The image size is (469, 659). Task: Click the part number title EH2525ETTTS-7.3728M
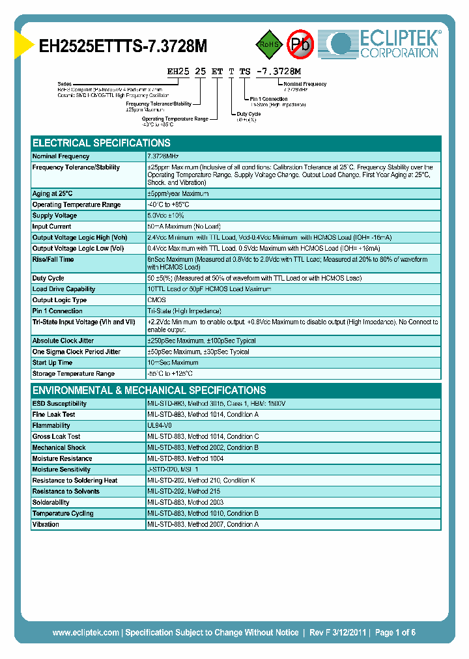(x=124, y=46)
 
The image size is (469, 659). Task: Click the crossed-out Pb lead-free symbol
(x=300, y=44)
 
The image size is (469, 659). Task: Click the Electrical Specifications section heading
(x=102, y=143)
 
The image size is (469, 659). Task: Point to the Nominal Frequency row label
(x=61, y=156)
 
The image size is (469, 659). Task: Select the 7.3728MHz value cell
(x=163, y=156)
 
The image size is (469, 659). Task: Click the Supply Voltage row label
(x=55, y=216)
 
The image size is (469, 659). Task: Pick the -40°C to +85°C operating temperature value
(x=168, y=204)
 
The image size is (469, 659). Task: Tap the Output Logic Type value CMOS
(x=157, y=300)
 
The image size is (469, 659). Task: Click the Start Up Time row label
(x=53, y=363)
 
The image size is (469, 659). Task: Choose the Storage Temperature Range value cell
(x=170, y=374)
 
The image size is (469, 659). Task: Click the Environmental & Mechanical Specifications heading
(x=149, y=390)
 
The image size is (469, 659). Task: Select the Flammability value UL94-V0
(x=160, y=425)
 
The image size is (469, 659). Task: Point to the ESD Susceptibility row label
(x=59, y=404)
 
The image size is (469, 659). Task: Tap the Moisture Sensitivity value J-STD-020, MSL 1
(x=173, y=470)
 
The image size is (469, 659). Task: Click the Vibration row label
(x=46, y=524)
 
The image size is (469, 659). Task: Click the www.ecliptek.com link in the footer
(x=85, y=632)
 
